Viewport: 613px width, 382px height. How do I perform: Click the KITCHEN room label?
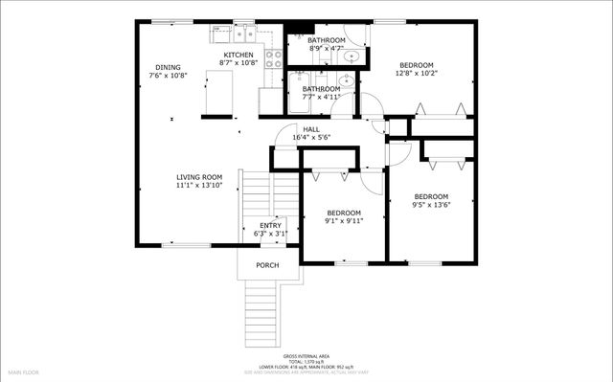[x=238, y=56]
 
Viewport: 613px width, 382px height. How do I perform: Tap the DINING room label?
[x=169, y=67]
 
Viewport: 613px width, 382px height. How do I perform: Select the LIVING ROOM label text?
[x=199, y=176]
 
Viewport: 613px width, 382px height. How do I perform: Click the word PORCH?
[x=267, y=265]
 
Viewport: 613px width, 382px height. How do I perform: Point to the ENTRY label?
[x=270, y=225]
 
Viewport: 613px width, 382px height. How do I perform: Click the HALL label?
[x=311, y=129]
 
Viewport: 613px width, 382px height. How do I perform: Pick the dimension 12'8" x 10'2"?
[x=417, y=73]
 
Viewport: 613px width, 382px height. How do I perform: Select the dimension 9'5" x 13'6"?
[x=431, y=204]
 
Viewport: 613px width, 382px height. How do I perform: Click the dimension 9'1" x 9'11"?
[x=343, y=220]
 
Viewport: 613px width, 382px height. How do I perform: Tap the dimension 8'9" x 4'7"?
[x=326, y=48]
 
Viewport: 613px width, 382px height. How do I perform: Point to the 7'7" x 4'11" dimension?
[x=321, y=97]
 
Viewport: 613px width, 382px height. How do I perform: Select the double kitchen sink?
[x=241, y=34]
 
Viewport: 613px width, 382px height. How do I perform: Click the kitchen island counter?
[x=219, y=91]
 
